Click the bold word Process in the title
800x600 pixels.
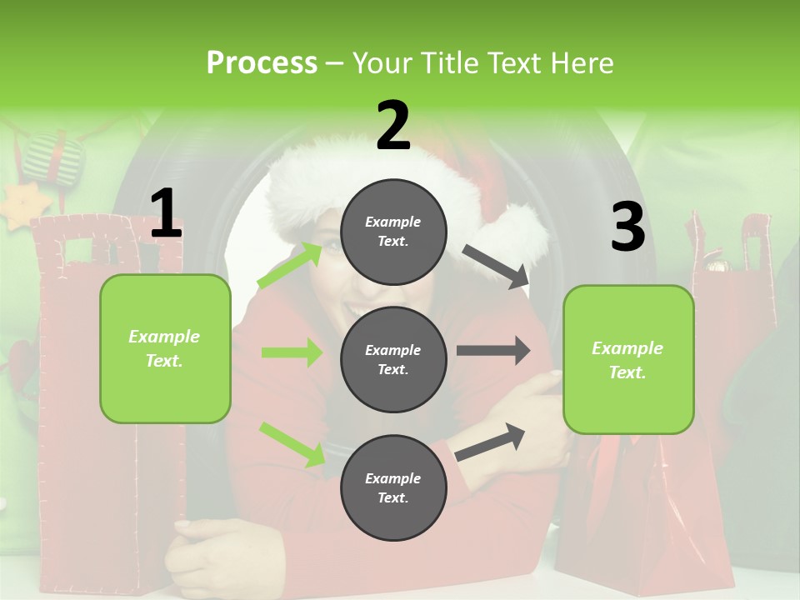(262, 63)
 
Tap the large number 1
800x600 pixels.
(166, 214)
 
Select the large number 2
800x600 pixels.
(393, 126)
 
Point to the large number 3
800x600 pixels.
(627, 227)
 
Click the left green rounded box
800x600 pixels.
(165, 348)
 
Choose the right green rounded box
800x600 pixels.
(628, 359)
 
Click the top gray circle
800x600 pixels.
(393, 231)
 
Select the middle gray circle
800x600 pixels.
(393, 359)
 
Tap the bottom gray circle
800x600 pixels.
(393, 487)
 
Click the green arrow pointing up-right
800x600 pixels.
(290, 264)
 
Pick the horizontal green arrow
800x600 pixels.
(291, 352)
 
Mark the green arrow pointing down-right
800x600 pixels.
(292, 442)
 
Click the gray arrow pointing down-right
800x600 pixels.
(495, 266)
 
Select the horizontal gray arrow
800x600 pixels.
(492, 350)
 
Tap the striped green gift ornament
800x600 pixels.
(52, 158)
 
